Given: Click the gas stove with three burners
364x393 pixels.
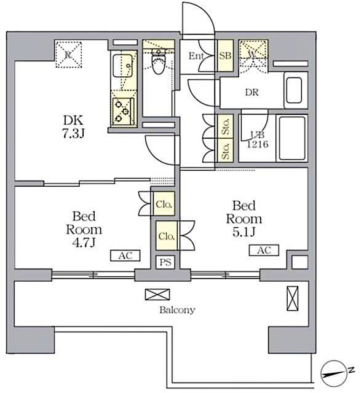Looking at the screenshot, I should coord(123,109).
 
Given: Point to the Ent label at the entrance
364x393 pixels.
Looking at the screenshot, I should coord(196,56).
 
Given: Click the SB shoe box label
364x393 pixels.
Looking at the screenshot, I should coord(225,56).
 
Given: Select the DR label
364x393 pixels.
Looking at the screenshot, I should coord(251,93).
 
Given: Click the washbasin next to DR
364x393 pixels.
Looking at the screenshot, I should coord(294,90).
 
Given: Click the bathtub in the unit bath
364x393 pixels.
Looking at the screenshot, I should coord(293,139).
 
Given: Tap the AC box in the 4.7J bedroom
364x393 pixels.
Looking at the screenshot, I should coord(125,255).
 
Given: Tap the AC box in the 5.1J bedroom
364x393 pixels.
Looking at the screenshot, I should coord(264,250).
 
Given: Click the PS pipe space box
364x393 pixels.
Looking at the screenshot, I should coord(165,262).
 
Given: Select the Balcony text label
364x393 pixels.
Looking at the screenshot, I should coord(177,310).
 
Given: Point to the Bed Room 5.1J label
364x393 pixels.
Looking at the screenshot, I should coord(243,219).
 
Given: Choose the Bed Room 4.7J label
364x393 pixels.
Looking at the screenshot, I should coord(83,230).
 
